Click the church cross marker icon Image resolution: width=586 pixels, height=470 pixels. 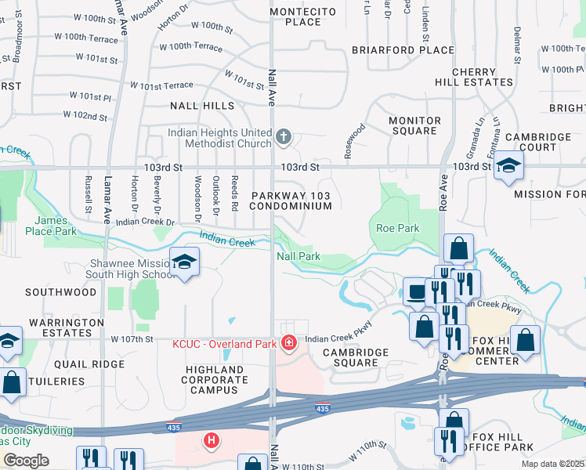tap(284, 139)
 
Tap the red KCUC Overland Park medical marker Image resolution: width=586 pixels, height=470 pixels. tap(288, 343)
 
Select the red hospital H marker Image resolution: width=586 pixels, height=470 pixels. tap(210, 441)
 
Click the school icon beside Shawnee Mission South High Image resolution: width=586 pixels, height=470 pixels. tap(184, 262)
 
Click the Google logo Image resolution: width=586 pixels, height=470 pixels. tap(25, 460)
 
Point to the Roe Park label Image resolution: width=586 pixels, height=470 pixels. tap(397, 228)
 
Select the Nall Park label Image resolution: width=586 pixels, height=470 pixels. tap(298, 256)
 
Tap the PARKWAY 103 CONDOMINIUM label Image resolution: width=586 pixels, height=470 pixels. tap(291, 200)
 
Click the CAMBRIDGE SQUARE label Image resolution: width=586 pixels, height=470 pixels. tap(356, 358)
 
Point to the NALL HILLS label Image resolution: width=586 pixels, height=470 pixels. tap(201, 105)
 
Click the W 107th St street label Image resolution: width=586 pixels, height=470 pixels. tap(132, 339)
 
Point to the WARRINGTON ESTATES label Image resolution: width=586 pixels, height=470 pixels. tap(67, 327)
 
